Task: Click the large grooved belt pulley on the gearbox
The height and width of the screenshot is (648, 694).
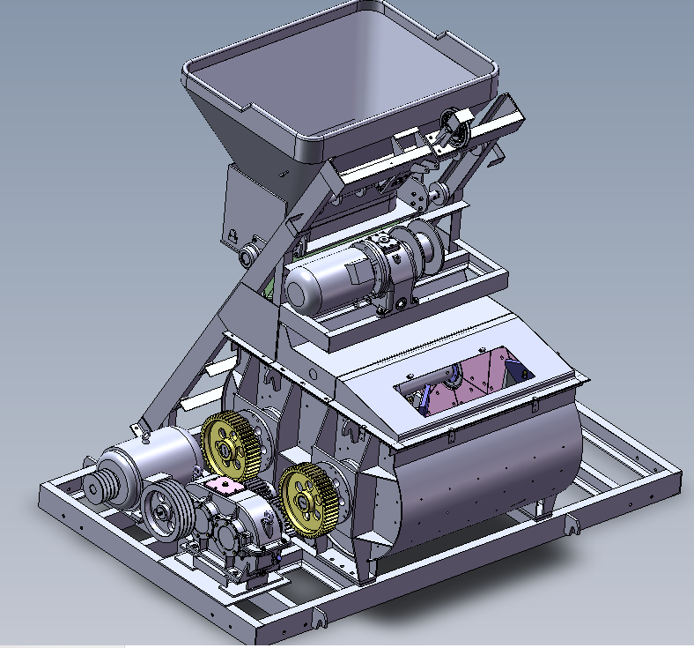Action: pos(164,507)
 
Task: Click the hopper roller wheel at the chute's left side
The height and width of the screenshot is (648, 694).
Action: pos(247,256)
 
